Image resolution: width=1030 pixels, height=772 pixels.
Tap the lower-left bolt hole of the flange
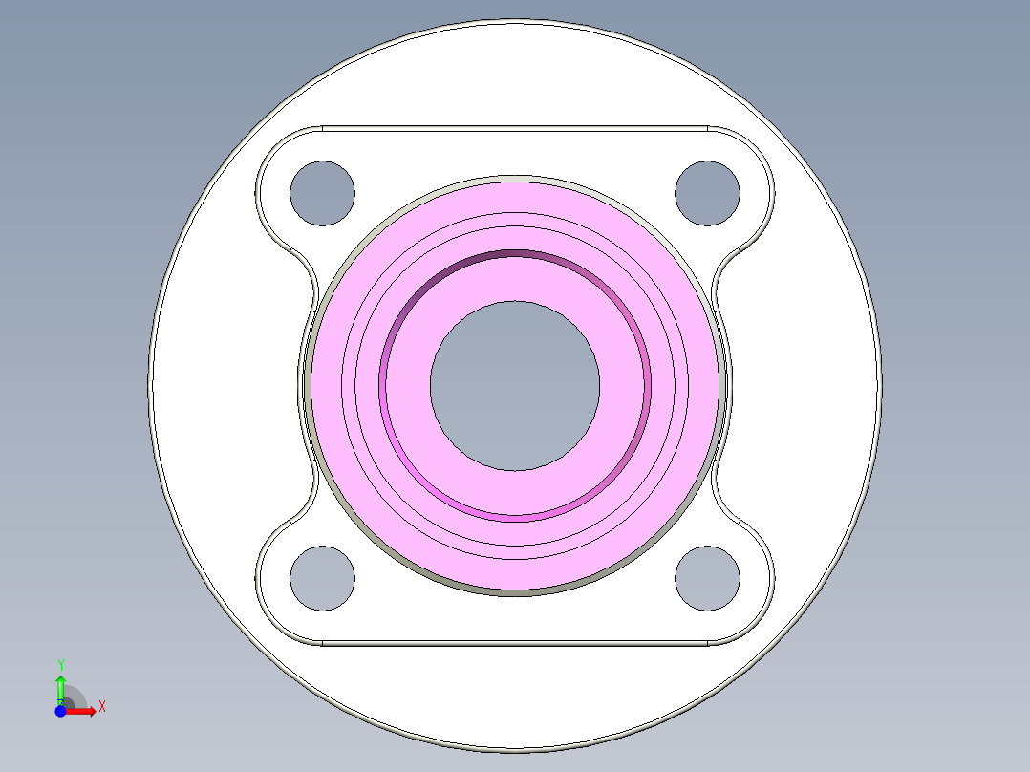pos(322,578)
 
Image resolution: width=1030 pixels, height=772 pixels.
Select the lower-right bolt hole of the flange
pos(707,578)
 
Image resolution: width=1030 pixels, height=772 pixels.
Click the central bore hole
pos(515,385)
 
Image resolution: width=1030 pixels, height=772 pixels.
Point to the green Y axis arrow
pos(60,687)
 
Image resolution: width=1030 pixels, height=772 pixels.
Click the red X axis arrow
pos(85,711)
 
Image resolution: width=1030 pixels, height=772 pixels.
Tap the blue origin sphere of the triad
pos(60,711)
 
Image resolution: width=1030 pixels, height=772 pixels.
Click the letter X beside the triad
pos(101,707)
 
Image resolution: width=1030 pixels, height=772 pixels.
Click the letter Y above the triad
pos(61,664)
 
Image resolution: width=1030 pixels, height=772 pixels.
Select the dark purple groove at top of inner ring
pos(515,254)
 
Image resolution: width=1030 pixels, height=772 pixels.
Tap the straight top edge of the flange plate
pos(515,126)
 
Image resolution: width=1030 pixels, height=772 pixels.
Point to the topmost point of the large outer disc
pos(515,18)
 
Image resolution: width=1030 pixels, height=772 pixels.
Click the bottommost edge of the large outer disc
pos(515,751)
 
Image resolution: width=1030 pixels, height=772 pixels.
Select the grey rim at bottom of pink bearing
pos(515,592)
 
